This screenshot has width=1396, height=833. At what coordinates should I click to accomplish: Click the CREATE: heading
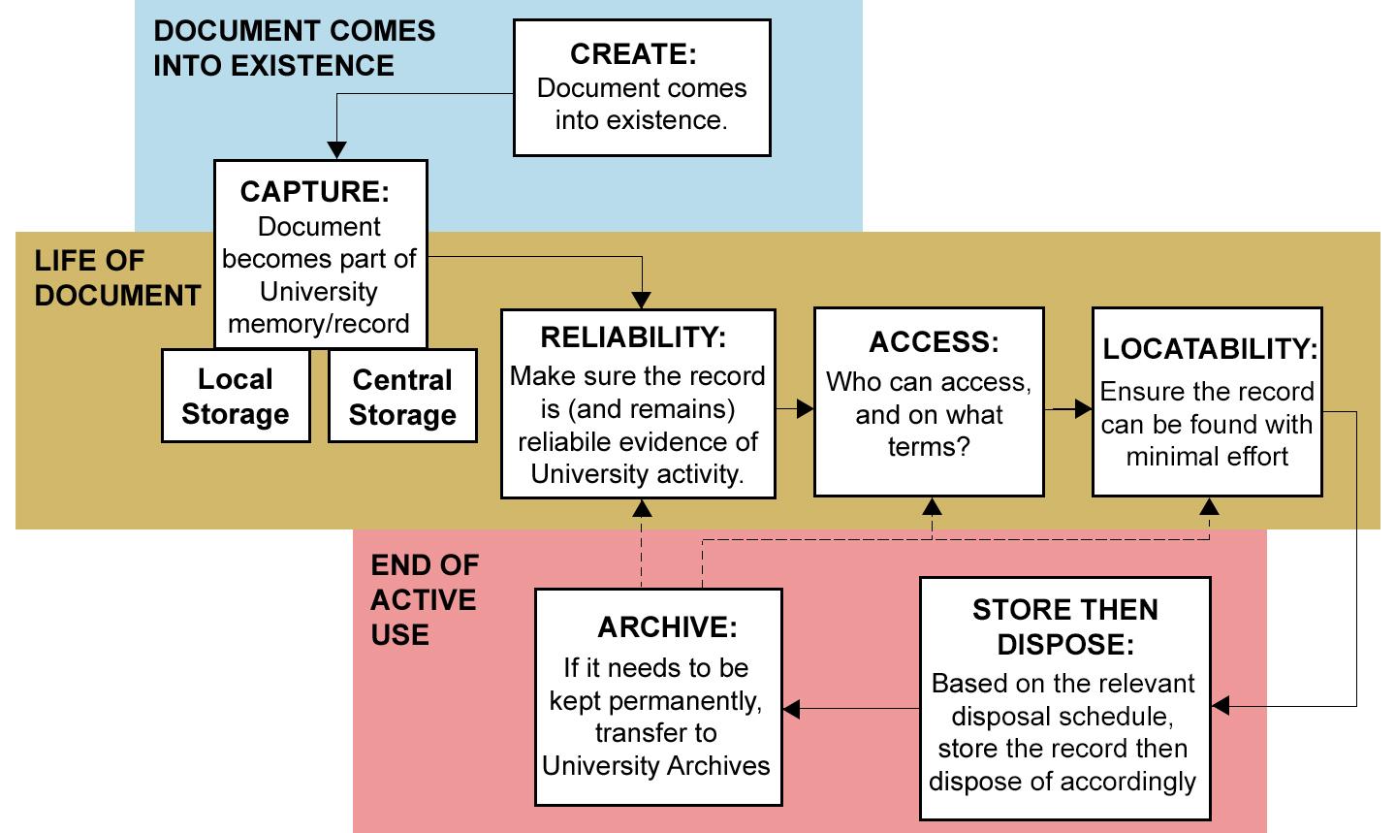coord(633,53)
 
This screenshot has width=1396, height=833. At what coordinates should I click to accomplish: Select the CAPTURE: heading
coord(314,191)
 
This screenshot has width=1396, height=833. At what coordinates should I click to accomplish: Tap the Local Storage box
coord(236,397)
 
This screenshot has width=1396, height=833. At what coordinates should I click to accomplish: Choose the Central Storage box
coord(402,398)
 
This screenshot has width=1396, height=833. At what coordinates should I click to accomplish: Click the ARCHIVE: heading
coord(667,626)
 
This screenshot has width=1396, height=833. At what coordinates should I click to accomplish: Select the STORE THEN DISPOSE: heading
coord(1064,626)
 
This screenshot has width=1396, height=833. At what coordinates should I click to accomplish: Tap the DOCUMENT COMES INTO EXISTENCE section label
coord(294,48)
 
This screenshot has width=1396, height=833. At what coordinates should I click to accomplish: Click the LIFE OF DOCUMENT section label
coord(116,277)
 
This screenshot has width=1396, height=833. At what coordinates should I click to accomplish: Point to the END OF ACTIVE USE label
coord(424,599)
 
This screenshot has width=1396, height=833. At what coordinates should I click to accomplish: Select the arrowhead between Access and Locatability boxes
coord(1083,409)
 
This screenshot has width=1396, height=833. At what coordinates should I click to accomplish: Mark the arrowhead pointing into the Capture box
coord(335,150)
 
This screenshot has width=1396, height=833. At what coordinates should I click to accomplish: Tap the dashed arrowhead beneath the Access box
coord(931,506)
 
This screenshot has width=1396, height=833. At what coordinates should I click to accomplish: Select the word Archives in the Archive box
coord(714,765)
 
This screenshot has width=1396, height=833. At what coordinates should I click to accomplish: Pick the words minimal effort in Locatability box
coord(1207,457)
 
